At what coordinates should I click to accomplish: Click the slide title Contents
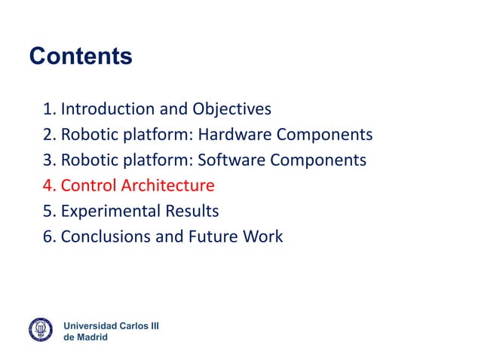click(80, 56)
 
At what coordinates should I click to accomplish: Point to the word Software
click(232, 160)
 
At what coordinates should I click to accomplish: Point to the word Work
click(264, 237)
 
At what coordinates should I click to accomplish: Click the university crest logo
click(41, 329)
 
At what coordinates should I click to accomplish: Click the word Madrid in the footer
click(92, 337)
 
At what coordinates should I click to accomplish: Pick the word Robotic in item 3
click(90, 160)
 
